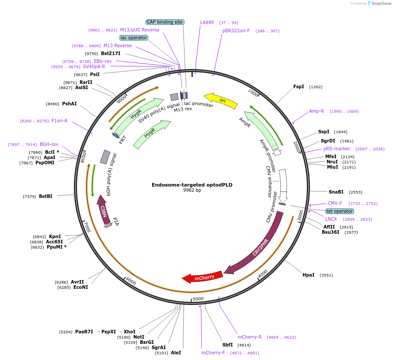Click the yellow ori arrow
(221, 100)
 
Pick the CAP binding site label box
(165, 22)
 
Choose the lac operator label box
(134, 38)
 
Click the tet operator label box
(339, 211)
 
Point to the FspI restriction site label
(299, 87)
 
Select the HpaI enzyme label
(308, 275)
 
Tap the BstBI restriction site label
(45, 196)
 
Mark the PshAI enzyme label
(69, 104)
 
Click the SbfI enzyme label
(227, 345)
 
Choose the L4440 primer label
(207, 22)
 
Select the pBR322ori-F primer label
(236, 31)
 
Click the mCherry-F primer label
(213, 353)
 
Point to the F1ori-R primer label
(59, 121)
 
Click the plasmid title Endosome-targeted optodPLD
(192, 185)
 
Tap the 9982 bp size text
(192, 190)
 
